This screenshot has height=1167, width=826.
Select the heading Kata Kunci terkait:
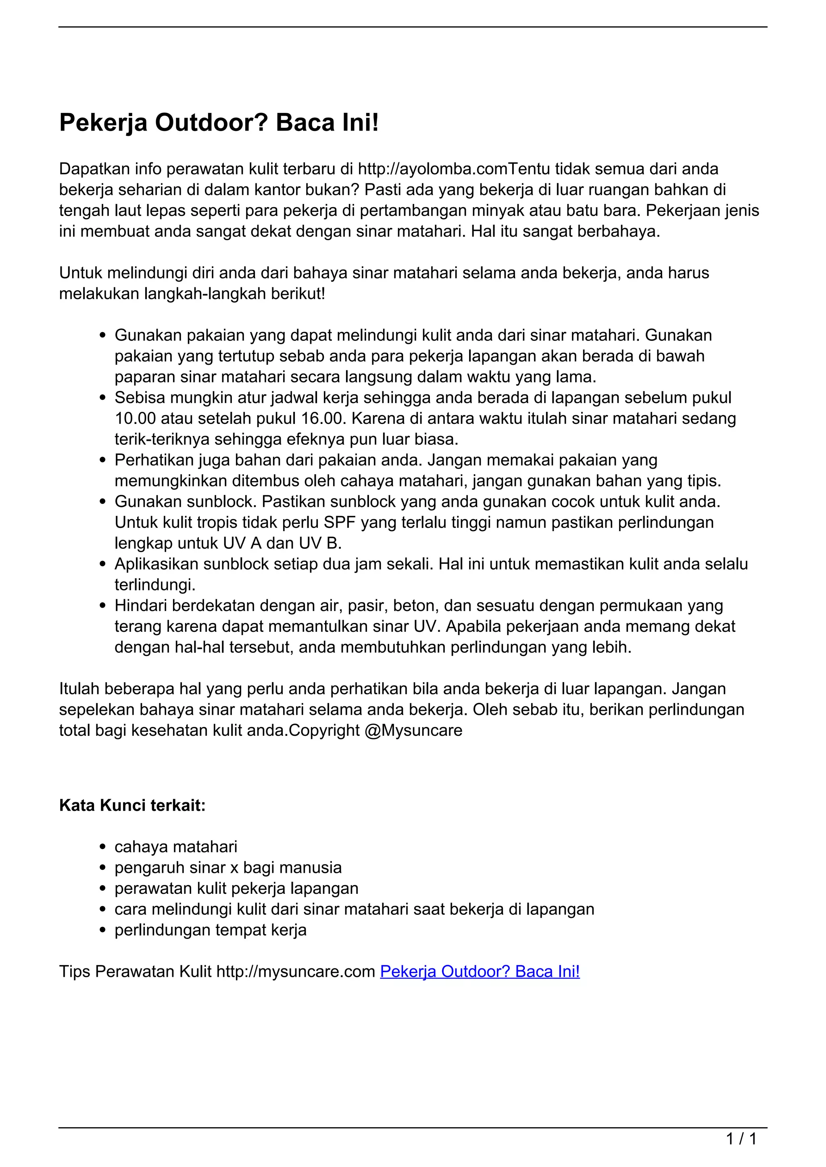(x=132, y=805)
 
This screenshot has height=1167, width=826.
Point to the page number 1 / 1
(x=741, y=1138)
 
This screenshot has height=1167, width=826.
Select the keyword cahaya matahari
(x=176, y=847)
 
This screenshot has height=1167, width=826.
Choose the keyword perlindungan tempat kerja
(x=211, y=930)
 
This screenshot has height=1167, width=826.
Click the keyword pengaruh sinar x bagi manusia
(x=228, y=868)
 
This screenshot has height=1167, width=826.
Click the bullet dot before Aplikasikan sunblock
(x=103, y=564)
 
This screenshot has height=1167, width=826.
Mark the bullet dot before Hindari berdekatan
(x=103, y=606)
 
